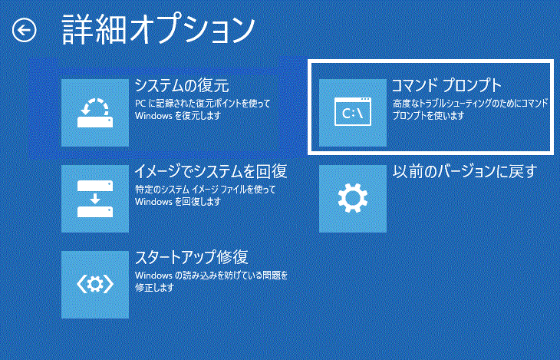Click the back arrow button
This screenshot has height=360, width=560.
[x=25, y=30]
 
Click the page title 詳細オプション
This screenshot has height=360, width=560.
[x=158, y=30]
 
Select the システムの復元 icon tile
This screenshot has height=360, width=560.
[x=95, y=113]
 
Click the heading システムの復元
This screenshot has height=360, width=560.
[x=182, y=86]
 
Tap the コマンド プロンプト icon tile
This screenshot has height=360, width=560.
[x=353, y=113]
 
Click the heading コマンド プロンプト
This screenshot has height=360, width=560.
[x=447, y=86]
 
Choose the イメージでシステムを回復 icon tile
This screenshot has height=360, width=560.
[x=95, y=198]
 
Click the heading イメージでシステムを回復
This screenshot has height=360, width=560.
[x=211, y=172]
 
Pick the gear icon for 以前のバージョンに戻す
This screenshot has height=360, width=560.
[x=353, y=198]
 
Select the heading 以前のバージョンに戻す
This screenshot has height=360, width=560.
[x=465, y=172]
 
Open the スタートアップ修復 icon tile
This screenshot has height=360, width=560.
[x=95, y=284]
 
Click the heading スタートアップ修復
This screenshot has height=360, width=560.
[x=192, y=257]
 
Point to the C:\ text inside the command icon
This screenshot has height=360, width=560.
[x=353, y=114]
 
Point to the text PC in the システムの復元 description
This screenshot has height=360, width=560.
[x=140, y=104]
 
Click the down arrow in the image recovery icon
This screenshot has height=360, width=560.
[x=95, y=199]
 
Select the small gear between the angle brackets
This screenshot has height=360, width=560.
[x=95, y=284]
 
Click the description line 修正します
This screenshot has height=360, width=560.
[x=154, y=287]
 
